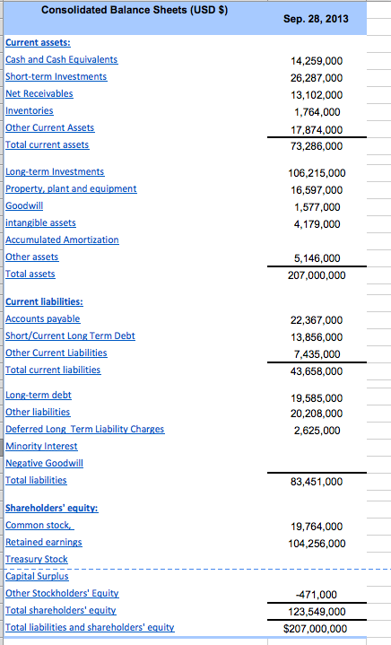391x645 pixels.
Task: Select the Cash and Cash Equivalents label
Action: pyautogui.click(x=61, y=59)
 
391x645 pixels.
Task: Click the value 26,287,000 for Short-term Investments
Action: pyautogui.click(x=317, y=77)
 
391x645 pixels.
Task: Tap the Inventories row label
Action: pyautogui.click(x=30, y=110)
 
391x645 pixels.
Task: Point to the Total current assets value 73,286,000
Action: pyautogui.click(x=317, y=145)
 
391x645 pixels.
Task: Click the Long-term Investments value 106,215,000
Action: pyautogui.click(x=315, y=172)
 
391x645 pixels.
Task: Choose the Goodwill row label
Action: pyautogui.click(x=24, y=205)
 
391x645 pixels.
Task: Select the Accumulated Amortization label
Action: pyautogui.click(x=62, y=240)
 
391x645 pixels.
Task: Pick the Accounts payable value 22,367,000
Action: pyautogui.click(x=317, y=319)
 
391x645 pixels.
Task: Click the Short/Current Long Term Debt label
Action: pyautogui.click(x=70, y=336)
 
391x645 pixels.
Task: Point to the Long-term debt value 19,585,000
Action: pyautogui.click(x=317, y=397)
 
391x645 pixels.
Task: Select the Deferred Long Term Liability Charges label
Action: pyautogui.click(x=84, y=429)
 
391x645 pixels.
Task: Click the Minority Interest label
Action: pyautogui.click(x=41, y=446)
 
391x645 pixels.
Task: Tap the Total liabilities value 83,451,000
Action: pyautogui.click(x=317, y=482)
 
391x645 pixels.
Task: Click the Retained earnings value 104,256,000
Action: pyautogui.click(x=315, y=543)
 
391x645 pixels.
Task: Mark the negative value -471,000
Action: pyautogui.click(x=322, y=594)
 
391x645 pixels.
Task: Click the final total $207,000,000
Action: pyautogui.click(x=315, y=628)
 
